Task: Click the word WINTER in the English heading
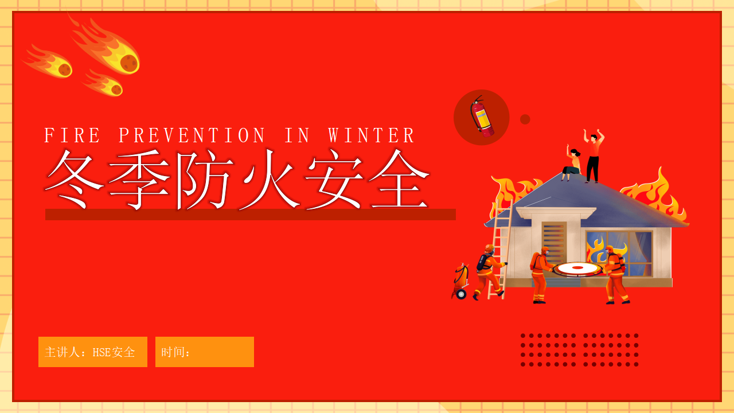(x=371, y=135)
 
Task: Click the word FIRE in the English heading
(x=72, y=135)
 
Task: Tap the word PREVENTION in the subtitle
(x=192, y=135)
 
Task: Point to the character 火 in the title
(x=269, y=179)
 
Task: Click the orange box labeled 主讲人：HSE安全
(x=93, y=352)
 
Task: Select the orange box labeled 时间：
(x=205, y=352)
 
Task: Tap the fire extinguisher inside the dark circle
(x=482, y=116)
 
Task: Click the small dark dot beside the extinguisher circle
(x=525, y=119)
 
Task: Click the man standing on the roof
(x=594, y=155)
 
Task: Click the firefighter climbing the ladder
(x=489, y=272)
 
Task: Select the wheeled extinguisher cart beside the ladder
(x=460, y=281)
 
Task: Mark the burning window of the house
(x=619, y=253)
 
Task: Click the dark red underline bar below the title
(x=251, y=215)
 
